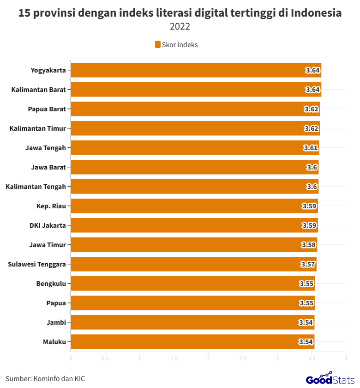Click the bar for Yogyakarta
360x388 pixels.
tap(196, 70)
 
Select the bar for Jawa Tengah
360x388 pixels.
tap(195, 148)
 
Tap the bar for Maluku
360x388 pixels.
tap(192, 342)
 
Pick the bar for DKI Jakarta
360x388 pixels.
tap(194, 225)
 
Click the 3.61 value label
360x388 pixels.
tap(311, 148)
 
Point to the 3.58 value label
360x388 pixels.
tap(309, 245)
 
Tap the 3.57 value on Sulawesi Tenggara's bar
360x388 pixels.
tap(308, 264)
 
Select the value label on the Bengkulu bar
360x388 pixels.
tap(307, 284)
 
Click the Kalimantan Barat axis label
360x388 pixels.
tap(38, 90)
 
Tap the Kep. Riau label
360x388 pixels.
tap(51, 206)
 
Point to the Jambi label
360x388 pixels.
tap(56, 322)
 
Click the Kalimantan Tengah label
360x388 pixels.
tap(36, 187)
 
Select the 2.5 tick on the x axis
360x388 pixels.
tap(243, 358)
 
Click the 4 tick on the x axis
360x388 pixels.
tap(346, 358)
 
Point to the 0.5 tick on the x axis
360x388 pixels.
tap(105, 358)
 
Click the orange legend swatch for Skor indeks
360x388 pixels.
tap(157, 44)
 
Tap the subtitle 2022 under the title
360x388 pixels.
tap(180, 27)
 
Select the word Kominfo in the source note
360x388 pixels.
tap(47, 379)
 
